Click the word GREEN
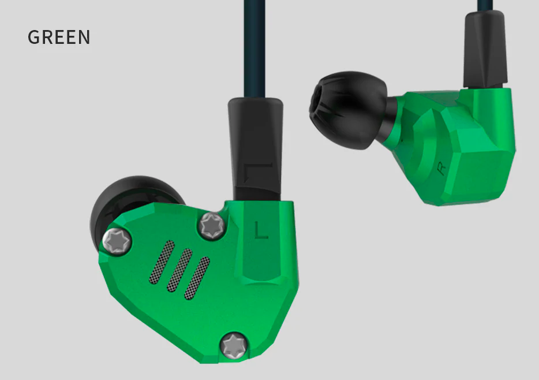[x=59, y=37]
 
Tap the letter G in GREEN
[x=34, y=37]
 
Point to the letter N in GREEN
[x=84, y=37]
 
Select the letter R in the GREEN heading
[x=47, y=37]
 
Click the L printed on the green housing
[x=261, y=230]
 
